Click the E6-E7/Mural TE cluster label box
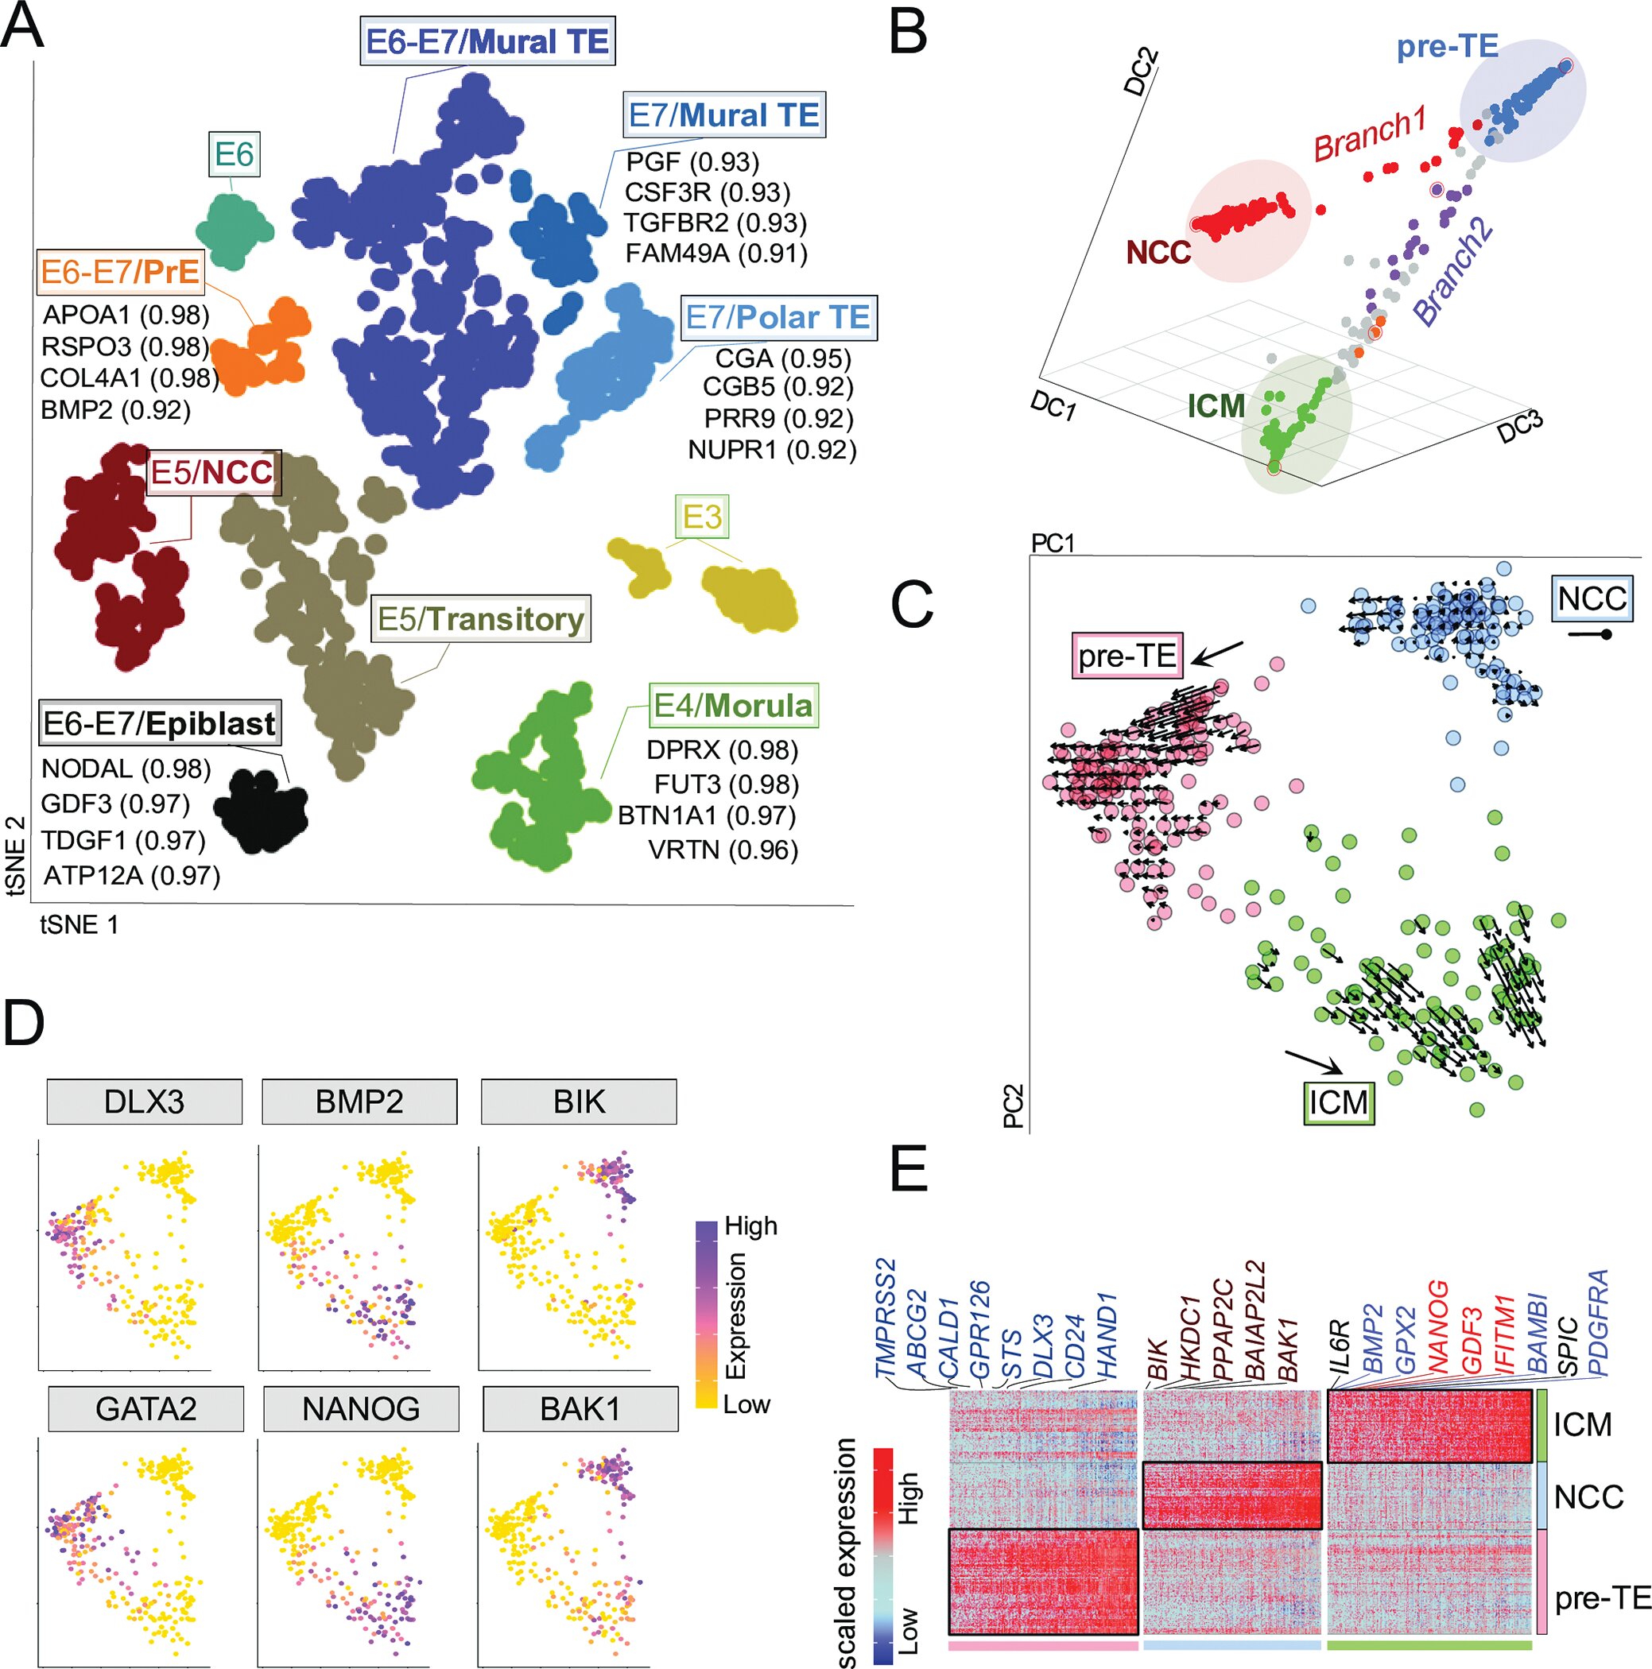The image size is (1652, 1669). [487, 41]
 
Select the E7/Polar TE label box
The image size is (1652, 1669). [778, 317]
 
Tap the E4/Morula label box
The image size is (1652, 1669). [733, 705]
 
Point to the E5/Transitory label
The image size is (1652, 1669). [480, 618]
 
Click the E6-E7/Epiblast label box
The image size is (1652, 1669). [159, 722]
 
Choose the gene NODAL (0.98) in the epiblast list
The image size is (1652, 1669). [126, 768]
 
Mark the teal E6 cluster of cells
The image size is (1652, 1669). [235, 229]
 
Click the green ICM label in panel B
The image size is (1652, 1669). [1216, 405]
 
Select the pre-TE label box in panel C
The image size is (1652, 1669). [1127, 656]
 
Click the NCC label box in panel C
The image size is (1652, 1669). [1592, 598]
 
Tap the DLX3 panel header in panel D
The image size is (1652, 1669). [144, 1102]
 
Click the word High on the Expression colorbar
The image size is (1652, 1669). [750, 1226]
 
